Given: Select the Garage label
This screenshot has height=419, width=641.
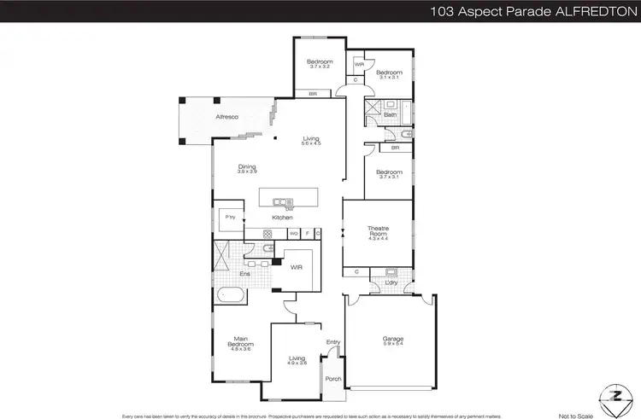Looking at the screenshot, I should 393,339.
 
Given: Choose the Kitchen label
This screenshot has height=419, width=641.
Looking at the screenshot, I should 283,218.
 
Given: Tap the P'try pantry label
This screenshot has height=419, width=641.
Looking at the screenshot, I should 230,218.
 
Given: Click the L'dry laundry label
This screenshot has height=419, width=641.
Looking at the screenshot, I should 391,282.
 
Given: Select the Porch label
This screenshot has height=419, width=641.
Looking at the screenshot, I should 333,379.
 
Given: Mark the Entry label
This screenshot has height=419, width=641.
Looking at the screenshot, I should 333,342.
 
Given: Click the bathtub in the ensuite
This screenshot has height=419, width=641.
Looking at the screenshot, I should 230,297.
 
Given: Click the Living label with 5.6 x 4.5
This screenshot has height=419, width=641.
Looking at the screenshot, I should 310,140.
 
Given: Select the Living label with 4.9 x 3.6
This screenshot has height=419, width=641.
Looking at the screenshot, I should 297,359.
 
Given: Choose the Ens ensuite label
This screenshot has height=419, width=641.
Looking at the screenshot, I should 244,274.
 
